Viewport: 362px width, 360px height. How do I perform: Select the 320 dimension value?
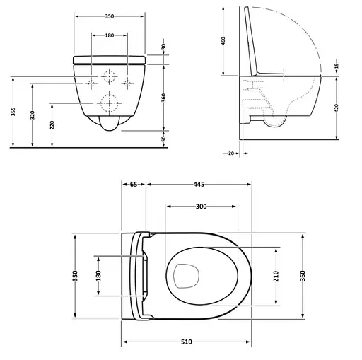(33, 115)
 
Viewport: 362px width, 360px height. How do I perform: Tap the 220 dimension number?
(52, 125)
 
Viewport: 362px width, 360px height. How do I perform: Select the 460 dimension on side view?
(224, 40)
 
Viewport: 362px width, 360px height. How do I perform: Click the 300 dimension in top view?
(200, 206)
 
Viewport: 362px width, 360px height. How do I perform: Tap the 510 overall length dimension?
(186, 342)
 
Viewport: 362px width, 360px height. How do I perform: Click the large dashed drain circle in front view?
(110, 103)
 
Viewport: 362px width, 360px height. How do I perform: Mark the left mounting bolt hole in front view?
(92, 84)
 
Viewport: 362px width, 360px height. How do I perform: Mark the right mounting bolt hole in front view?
(128, 84)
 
